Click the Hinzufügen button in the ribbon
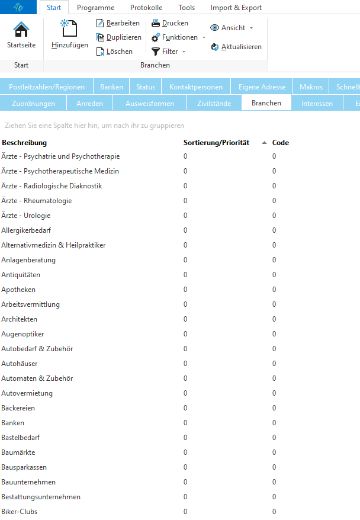pos(69,34)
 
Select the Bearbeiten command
pos(118,23)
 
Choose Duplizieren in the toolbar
pos(118,37)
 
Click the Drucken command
pos(170,23)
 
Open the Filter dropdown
pos(169,52)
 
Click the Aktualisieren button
pos(236,47)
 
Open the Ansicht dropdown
pos(232,28)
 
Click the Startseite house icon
pos(21,30)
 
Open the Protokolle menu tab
pos(146,8)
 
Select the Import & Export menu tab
pos(236,8)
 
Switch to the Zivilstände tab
pos(214,104)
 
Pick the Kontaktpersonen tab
pos(195,87)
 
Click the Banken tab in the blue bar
pos(111,87)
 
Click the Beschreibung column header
pos(24,143)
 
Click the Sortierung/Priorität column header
pos(216,143)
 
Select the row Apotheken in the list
pos(18,290)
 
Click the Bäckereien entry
pos(18,408)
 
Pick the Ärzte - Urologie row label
pos(26,216)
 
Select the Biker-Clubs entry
pos(20,512)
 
